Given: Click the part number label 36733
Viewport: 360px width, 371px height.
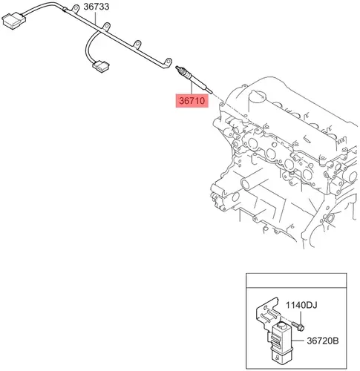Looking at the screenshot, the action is [96, 7].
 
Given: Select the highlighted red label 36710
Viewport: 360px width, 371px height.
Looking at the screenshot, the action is [192, 101].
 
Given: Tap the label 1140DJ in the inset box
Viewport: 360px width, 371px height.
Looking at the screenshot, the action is [301, 305].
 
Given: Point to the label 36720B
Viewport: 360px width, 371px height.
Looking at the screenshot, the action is [323, 341].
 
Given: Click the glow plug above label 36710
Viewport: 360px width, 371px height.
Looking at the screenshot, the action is [194, 79].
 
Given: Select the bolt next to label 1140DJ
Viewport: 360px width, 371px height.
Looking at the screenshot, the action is [298, 326].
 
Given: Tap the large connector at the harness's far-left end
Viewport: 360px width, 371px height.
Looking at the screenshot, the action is [14, 19].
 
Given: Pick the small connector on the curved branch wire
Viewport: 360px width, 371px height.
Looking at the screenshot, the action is [101, 66].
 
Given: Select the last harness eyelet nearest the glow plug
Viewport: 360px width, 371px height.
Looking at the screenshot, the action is [168, 62].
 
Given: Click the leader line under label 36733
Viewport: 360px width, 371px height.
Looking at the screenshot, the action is [96, 18].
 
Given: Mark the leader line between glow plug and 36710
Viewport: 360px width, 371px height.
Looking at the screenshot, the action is [192, 89].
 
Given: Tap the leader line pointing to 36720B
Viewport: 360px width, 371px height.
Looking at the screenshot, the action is [299, 341].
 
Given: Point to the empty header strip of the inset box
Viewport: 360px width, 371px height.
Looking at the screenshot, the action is [296, 280].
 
